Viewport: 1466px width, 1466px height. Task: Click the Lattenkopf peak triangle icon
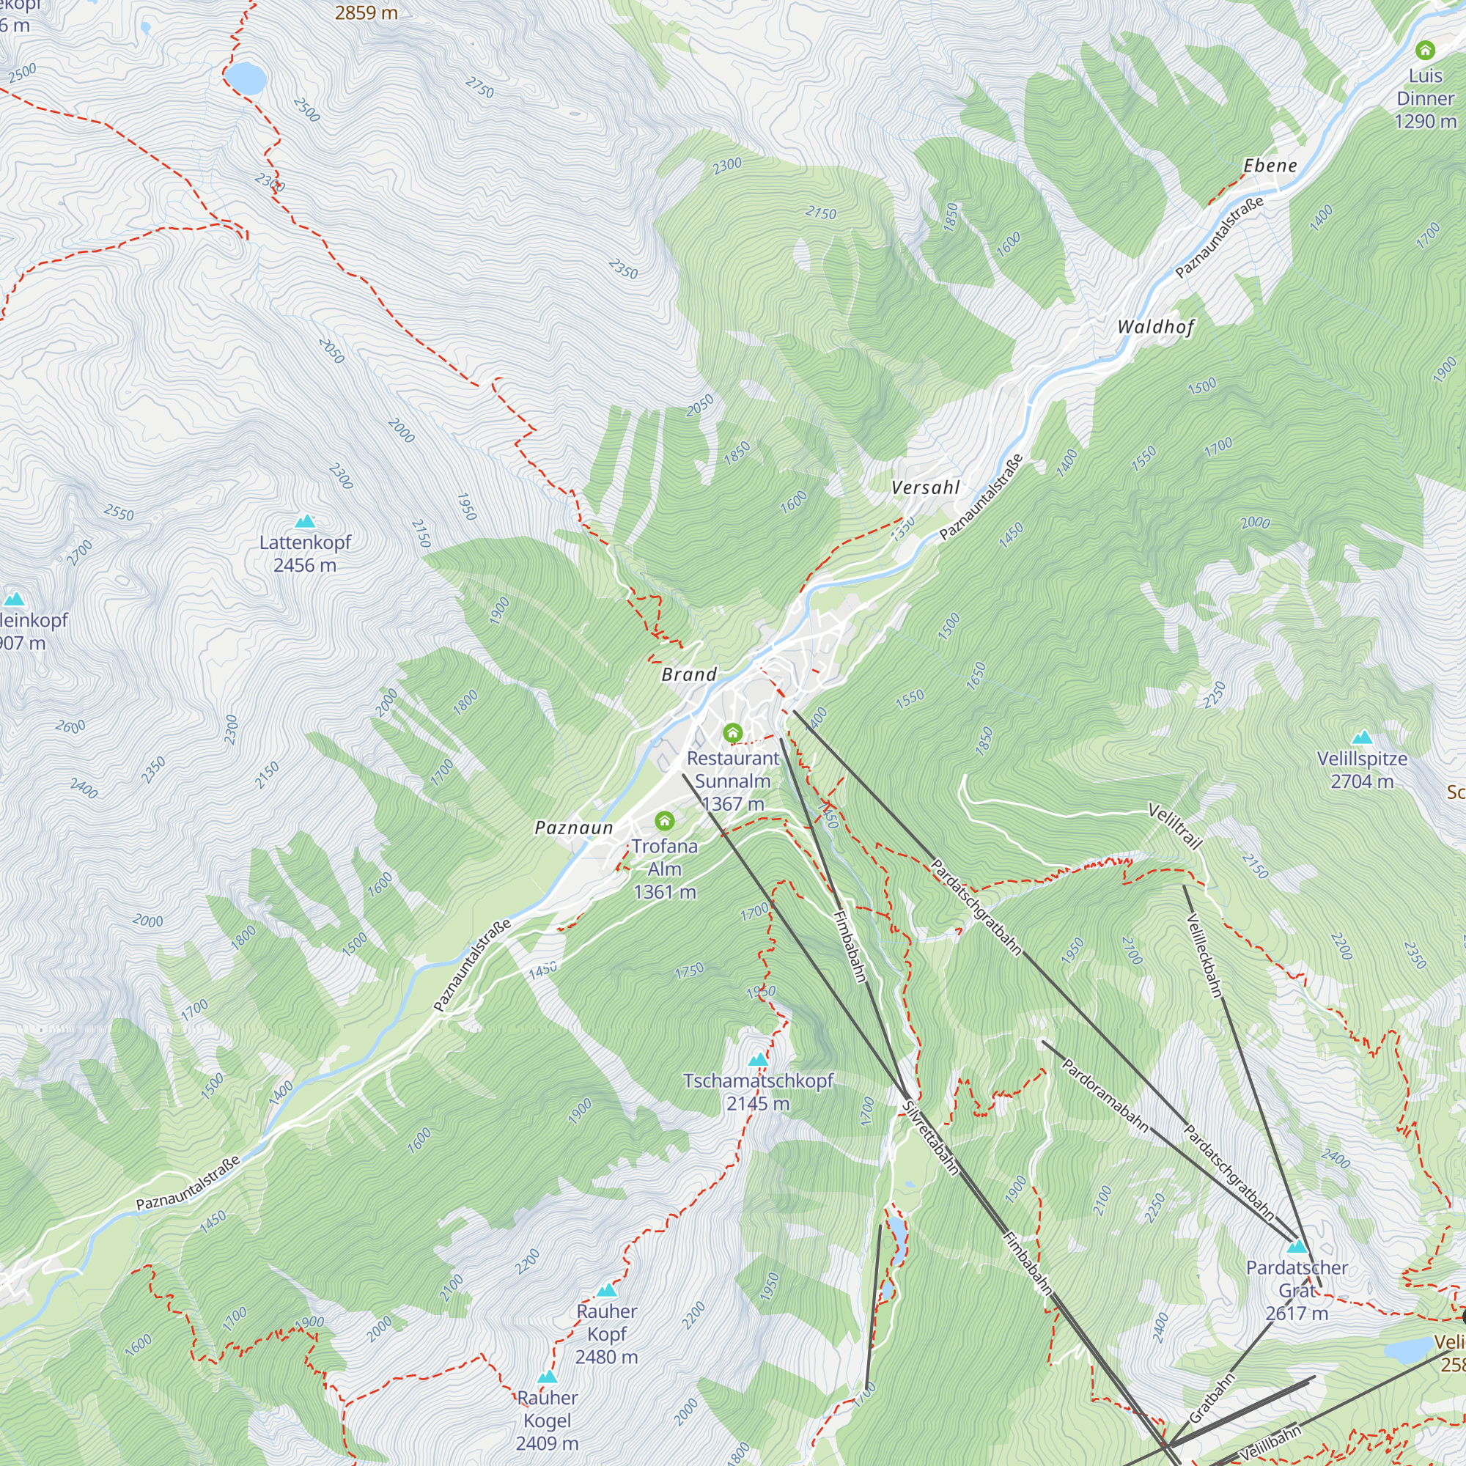(305, 521)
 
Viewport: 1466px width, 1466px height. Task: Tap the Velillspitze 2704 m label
(1362, 770)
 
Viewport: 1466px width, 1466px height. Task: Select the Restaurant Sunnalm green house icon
(732, 733)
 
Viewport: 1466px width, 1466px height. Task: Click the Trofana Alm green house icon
(665, 820)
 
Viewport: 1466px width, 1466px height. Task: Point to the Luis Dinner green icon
(1425, 51)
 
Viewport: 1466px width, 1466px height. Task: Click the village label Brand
(689, 674)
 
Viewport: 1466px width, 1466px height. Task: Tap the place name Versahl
(926, 487)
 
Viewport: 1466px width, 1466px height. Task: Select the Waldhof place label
(1156, 327)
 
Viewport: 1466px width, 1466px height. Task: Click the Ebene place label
(1270, 166)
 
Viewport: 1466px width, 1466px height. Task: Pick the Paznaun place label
(574, 827)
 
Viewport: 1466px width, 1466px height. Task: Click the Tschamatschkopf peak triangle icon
(758, 1060)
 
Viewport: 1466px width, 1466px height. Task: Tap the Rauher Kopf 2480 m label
(606, 1333)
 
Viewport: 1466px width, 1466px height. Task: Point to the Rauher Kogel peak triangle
(547, 1377)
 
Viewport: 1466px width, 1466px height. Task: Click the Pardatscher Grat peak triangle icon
(1297, 1247)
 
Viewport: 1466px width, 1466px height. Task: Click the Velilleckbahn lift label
(1204, 955)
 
